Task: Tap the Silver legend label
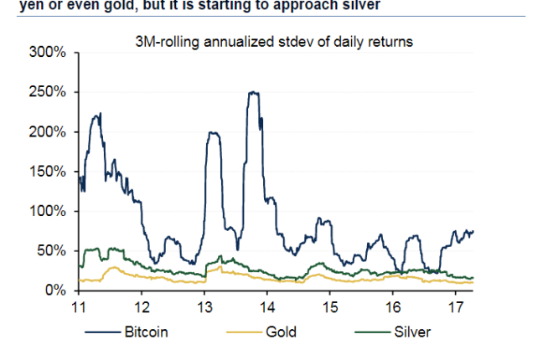point(411,332)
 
